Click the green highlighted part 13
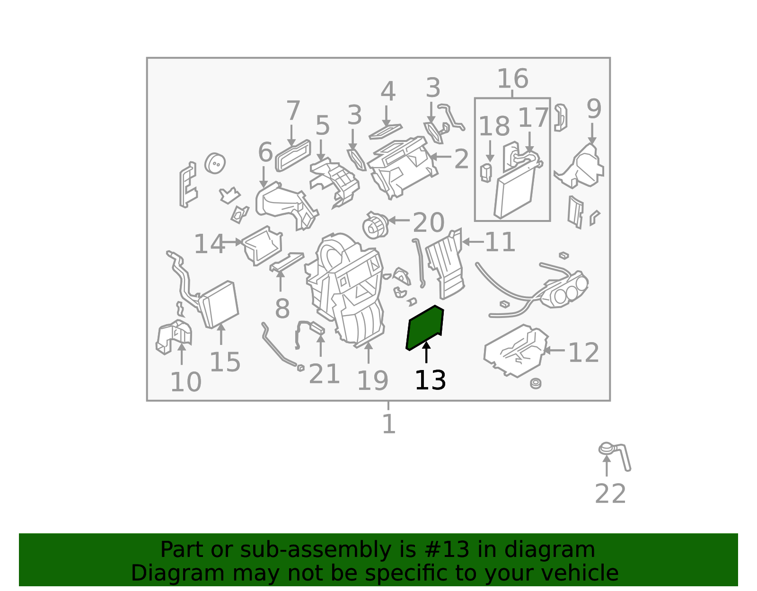pos(424,328)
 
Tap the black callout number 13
pos(430,380)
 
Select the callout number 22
pos(610,494)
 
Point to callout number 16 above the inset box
pos(512,79)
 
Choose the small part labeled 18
pos(486,173)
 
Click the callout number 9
pos(594,109)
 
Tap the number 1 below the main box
pos(389,424)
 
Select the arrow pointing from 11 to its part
pos(473,242)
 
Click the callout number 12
pos(583,353)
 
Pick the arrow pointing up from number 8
pos(281,281)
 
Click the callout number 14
pos(209,244)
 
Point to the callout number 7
pos(293,110)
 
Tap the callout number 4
pos(388,91)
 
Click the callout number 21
pos(324,374)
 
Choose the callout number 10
pos(185,382)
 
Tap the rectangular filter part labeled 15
pos(219,305)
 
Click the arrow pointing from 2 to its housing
pos(440,157)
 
